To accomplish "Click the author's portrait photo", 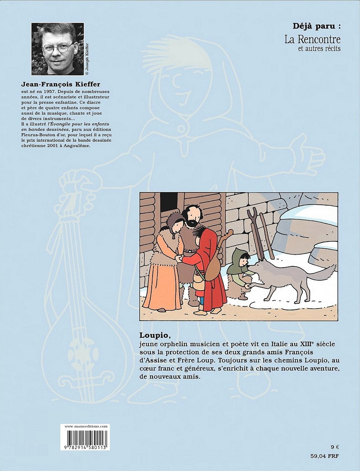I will [x=57, y=49].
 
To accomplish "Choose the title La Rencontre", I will [x=312, y=39].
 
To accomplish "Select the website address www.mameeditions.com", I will [x=86, y=426].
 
